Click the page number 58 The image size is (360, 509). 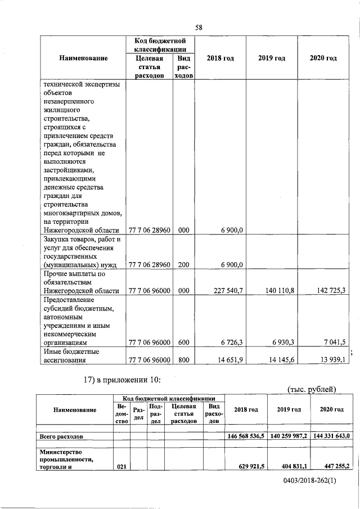pos(199,27)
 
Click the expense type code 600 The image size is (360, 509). pos(183,341)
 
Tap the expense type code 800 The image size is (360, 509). pos(183,362)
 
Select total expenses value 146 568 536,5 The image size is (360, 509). pos(246,436)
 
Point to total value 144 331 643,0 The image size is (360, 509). pos(332,436)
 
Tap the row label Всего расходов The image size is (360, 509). pos(61,436)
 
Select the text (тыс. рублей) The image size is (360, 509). pos(312,389)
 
